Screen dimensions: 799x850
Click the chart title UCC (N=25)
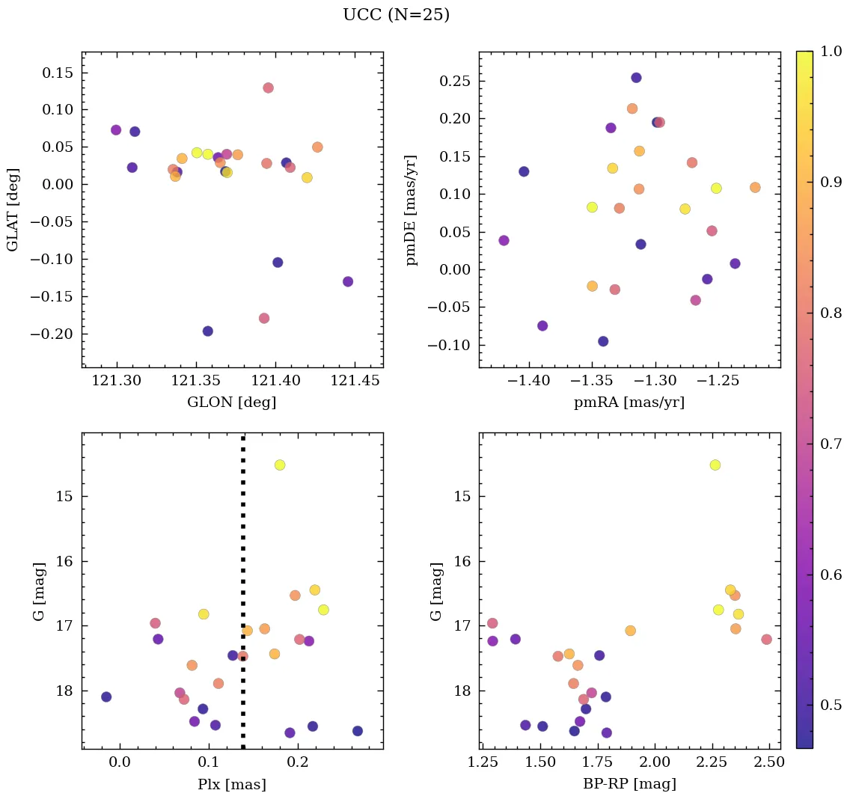pos(396,16)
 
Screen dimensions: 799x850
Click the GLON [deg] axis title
pos(231,402)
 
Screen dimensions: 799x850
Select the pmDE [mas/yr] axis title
pos(412,210)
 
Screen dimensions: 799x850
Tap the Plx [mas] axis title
pos(232,784)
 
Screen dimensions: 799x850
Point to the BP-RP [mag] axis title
pos(629,784)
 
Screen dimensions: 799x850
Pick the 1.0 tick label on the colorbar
pos(831,52)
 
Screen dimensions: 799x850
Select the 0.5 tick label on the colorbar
pos(831,705)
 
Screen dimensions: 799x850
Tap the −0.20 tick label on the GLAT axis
pos(51,334)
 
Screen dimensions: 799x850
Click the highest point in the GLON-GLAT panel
pos(268,88)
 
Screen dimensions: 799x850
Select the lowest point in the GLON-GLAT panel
pos(207,331)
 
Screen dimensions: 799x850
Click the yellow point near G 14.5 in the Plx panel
pos(280,465)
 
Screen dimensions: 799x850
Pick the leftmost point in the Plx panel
pos(106,697)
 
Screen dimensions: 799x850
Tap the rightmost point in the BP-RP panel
pos(766,639)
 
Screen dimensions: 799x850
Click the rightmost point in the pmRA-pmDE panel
pos(755,187)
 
